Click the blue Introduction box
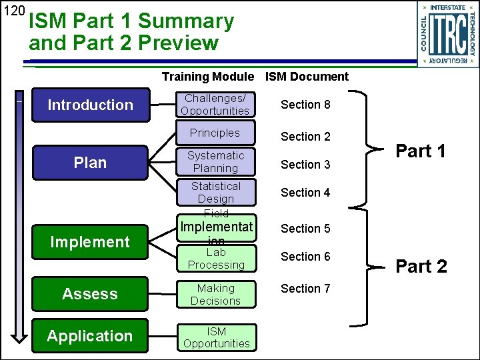click(x=90, y=105)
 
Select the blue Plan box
click(x=90, y=163)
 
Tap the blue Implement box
click(x=90, y=242)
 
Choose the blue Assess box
click(x=90, y=294)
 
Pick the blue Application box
click(x=90, y=336)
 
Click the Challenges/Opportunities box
click(x=215, y=105)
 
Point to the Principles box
click(x=215, y=133)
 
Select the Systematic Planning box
click(x=215, y=162)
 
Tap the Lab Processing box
click(x=215, y=259)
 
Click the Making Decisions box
click(x=215, y=295)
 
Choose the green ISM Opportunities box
click(x=216, y=337)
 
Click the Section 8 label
click(x=305, y=105)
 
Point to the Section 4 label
click(x=305, y=193)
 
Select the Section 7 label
click(x=305, y=289)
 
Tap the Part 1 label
click(x=421, y=151)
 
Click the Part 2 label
click(x=421, y=267)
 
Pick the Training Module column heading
click(x=207, y=77)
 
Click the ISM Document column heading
click(x=307, y=77)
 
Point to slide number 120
click(x=13, y=11)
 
